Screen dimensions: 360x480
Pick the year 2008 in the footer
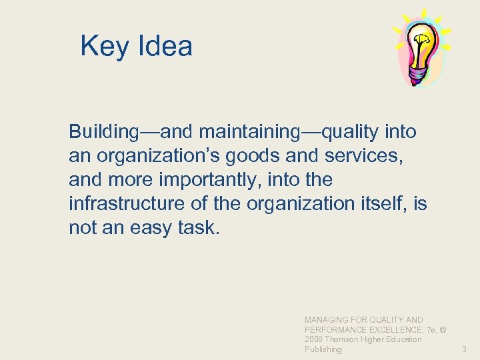coord(314,339)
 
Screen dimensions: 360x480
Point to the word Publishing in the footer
coord(323,349)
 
